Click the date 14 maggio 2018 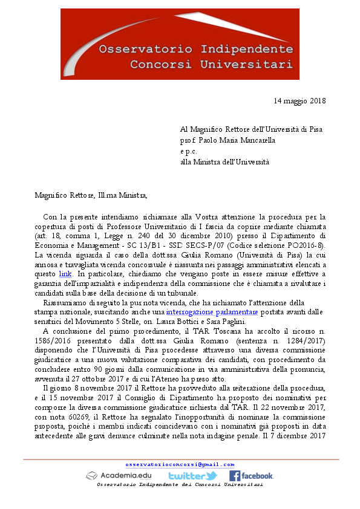[x=299, y=100]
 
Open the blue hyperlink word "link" [x=65, y=274]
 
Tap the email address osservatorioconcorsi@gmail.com [x=180, y=464]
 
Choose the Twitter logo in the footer [x=192, y=476]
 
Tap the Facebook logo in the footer [x=251, y=476]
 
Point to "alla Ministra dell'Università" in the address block [x=224, y=161]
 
